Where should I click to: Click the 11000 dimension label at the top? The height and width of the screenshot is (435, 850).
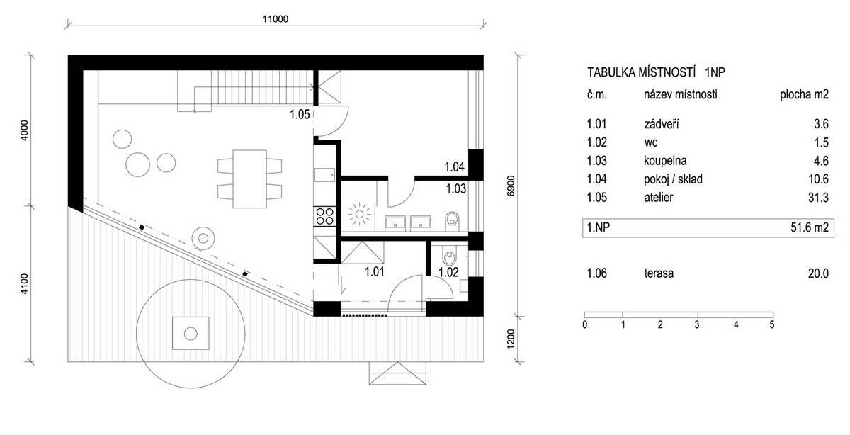coord(276,19)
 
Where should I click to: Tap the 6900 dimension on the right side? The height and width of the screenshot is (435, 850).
coord(511,186)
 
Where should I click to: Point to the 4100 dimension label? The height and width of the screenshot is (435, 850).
coord(24,284)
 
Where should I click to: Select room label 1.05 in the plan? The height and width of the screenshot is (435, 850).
coord(300,114)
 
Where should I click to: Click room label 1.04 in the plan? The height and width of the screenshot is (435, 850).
coord(454,166)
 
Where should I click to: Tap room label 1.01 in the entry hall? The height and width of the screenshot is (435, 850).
coord(375,272)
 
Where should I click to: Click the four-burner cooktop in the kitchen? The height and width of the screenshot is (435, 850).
coord(325,216)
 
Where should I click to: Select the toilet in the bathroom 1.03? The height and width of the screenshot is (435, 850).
coord(452,221)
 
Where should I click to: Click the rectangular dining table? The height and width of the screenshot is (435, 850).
coord(249,179)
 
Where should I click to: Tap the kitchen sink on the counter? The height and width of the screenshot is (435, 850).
coord(324,175)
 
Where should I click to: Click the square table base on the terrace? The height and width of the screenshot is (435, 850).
coord(191,333)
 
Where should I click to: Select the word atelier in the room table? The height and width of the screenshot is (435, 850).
coord(658,198)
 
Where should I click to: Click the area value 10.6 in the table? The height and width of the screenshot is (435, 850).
coord(818,179)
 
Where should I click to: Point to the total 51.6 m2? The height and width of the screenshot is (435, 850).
coord(810,227)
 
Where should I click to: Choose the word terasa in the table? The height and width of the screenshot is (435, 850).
coord(659,273)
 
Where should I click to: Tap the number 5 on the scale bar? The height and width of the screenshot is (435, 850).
coord(771,325)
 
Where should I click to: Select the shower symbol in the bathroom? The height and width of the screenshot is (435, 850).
coord(359,215)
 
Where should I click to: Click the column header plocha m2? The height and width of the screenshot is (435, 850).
coord(804,94)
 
